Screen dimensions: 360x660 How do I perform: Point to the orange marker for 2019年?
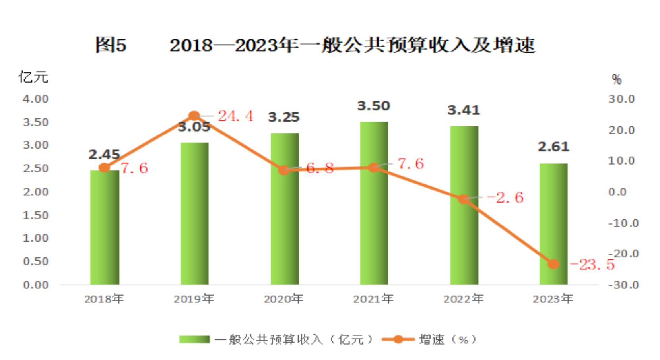tap(194, 116)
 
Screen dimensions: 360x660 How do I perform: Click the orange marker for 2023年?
tap(553, 264)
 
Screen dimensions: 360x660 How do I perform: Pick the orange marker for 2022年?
tap(464, 199)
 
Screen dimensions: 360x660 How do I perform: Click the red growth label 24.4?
tap(235, 116)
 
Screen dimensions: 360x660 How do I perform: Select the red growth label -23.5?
tap(592, 265)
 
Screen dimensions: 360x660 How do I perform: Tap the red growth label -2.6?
tap(505, 197)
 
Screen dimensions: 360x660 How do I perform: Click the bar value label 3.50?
tap(374, 106)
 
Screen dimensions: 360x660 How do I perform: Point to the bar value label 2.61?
tap(553, 147)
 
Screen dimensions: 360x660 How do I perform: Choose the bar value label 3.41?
tap(464, 110)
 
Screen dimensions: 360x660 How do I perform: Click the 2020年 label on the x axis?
tap(283, 299)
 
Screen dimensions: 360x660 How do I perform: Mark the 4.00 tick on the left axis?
tap(35, 99)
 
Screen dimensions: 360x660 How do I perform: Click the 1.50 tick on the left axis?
tap(35, 215)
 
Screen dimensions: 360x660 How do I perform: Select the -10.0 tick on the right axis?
tap(623, 223)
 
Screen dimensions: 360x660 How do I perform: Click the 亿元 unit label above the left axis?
tap(33, 77)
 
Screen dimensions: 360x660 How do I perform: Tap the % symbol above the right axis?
tap(617, 79)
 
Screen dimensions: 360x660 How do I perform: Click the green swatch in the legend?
tap(194, 339)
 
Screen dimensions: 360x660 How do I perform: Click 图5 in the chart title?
tap(111, 45)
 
